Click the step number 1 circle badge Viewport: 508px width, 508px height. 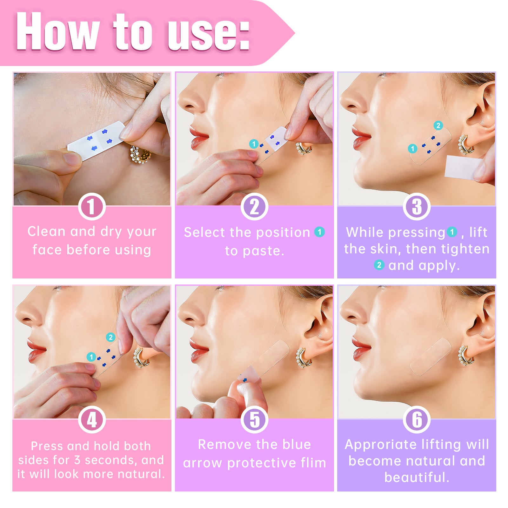tap(92, 207)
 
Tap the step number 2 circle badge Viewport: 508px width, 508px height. tap(254, 207)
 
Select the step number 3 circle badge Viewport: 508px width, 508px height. tap(417, 207)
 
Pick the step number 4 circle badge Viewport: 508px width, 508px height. tap(92, 420)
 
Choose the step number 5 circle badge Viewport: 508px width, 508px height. tap(254, 420)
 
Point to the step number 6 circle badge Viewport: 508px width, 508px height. tap(417, 420)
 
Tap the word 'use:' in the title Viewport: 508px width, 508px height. tap(208, 33)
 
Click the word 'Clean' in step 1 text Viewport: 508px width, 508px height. tap(46, 231)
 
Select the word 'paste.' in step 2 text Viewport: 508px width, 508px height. tap(254, 251)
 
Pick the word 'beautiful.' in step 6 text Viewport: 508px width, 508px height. tap(417, 477)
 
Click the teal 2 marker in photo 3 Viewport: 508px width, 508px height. tap(438, 125)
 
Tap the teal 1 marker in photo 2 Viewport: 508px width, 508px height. tap(253, 144)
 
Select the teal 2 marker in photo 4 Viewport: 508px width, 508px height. tap(110, 337)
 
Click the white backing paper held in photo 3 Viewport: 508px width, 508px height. tap(462, 167)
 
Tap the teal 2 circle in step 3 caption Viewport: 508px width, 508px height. tap(379, 265)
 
